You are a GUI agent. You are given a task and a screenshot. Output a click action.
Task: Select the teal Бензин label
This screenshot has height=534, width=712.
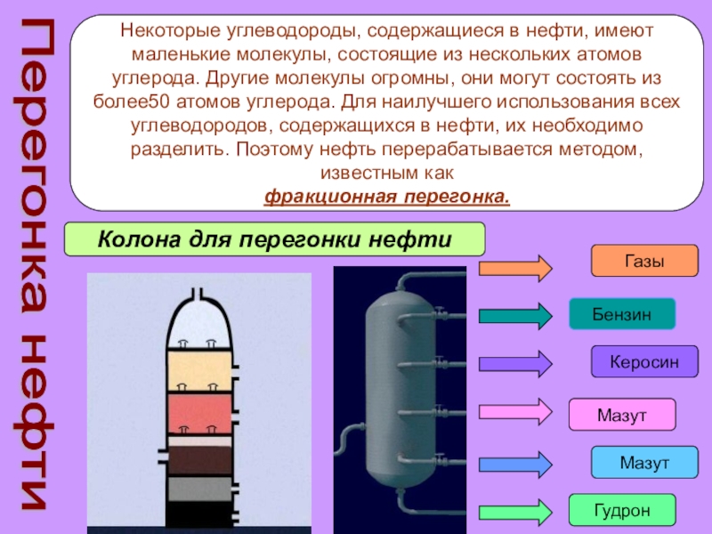[622, 314]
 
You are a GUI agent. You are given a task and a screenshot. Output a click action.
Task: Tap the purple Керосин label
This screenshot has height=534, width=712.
[644, 362]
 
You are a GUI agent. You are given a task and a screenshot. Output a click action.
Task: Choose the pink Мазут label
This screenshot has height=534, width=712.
[622, 415]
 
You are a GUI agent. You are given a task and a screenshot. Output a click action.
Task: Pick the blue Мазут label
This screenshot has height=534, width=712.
[644, 463]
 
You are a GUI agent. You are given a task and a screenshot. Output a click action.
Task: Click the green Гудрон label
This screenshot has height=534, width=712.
[622, 511]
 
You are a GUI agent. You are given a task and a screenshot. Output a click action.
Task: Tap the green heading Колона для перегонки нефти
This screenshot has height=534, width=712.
[275, 239]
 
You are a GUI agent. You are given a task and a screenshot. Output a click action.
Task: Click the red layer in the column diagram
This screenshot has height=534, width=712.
[200, 410]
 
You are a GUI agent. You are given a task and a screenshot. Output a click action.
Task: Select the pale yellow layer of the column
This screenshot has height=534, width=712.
[200, 368]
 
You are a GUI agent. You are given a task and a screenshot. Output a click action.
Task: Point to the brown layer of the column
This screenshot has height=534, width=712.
[200, 459]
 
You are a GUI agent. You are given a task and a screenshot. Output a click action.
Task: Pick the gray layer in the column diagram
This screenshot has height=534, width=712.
[200, 489]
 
